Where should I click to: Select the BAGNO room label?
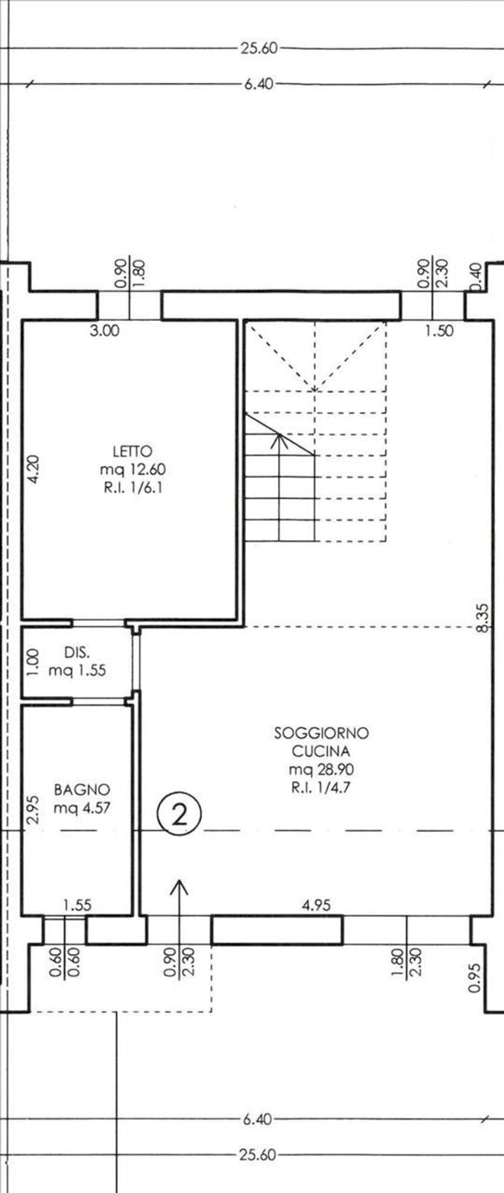pyautogui.click(x=82, y=790)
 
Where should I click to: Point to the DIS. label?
pyautogui.click(x=77, y=652)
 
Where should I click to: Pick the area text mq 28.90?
pyautogui.click(x=321, y=769)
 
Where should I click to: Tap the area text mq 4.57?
pyautogui.click(x=82, y=807)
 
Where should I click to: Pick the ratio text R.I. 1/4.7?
pyautogui.click(x=321, y=787)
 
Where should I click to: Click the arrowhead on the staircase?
pyautogui.click(x=280, y=439)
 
